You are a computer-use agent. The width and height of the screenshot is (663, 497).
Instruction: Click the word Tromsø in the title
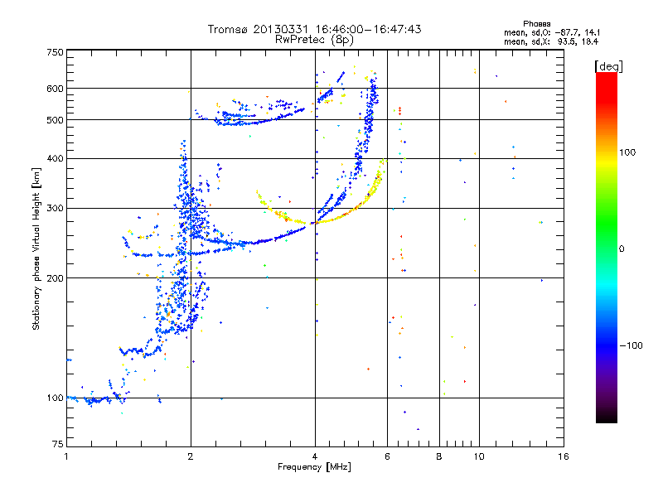(x=228, y=29)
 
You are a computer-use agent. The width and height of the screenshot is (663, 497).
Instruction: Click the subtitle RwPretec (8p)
(x=314, y=40)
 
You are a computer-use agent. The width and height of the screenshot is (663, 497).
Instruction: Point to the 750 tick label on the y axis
(x=55, y=52)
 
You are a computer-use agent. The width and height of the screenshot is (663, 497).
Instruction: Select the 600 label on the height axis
(x=55, y=89)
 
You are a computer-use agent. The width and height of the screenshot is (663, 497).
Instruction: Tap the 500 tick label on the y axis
(x=55, y=120)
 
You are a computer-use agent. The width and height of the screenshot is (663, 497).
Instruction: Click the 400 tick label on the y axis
(x=55, y=158)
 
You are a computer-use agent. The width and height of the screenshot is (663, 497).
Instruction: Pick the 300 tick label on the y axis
(x=55, y=208)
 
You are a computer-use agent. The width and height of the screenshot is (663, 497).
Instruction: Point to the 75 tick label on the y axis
(x=57, y=444)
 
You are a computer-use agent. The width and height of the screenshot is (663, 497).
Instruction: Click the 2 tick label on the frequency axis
(x=191, y=456)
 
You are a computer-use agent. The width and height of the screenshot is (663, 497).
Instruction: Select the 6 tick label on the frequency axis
(x=387, y=456)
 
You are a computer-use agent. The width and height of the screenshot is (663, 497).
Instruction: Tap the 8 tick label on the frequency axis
(x=439, y=456)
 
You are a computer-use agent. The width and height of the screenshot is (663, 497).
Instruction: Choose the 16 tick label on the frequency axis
(x=564, y=456)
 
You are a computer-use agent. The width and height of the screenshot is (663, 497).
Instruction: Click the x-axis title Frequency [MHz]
(x=314, y=467)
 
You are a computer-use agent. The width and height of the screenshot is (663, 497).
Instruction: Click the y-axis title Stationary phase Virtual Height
(x=36, y=249)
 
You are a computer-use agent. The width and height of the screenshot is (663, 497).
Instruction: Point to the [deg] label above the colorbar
(x=608, y=66)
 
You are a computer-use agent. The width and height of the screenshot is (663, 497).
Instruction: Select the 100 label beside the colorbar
(x=627, y=152)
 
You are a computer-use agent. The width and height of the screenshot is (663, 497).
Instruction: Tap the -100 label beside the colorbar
(x=631, y=345)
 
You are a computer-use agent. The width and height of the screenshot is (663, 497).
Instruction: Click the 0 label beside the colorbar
(x=622, y=249)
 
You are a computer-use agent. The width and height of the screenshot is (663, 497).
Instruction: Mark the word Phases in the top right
(x=536, y=24)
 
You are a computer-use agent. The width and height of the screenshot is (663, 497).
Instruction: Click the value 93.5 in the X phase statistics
(x=567, y=41)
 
